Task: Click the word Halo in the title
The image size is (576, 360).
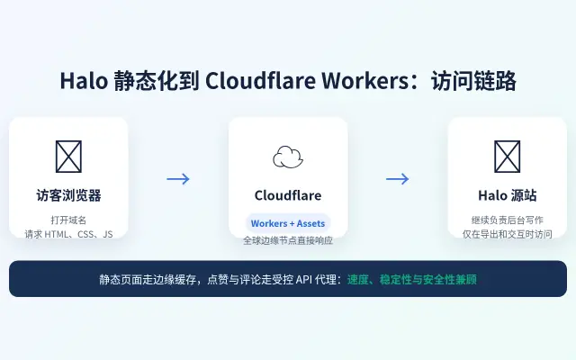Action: (84, 81)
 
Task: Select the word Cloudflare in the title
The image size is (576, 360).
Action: (260, 81)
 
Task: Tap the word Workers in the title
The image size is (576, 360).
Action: (365, 81)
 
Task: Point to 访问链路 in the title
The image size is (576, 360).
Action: (473, 81)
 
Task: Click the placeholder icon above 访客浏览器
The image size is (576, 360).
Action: (68, 157)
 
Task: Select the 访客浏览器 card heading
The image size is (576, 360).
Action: (68, 195)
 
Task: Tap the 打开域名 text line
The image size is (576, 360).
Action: (68, 220)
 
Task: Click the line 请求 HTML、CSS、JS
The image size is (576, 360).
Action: (68, 234)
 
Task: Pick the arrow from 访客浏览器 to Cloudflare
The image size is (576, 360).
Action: (178, 179)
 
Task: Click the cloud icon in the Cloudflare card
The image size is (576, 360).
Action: (288, 157)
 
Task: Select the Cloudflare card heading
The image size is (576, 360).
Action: (288, 195)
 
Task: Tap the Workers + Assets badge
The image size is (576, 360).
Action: (288, 223)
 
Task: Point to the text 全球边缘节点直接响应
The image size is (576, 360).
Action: (288, 240)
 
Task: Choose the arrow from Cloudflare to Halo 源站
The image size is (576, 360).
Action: (398, 179)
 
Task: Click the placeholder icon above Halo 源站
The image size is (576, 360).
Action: (508, 157)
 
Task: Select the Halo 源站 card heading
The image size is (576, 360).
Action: (508, 195)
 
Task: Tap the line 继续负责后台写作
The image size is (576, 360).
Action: (508, 220)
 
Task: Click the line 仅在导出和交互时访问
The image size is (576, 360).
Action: (508, 234)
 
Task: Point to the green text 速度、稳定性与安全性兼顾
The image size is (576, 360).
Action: (412, 280)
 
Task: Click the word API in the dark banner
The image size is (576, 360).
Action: (304, 280)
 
